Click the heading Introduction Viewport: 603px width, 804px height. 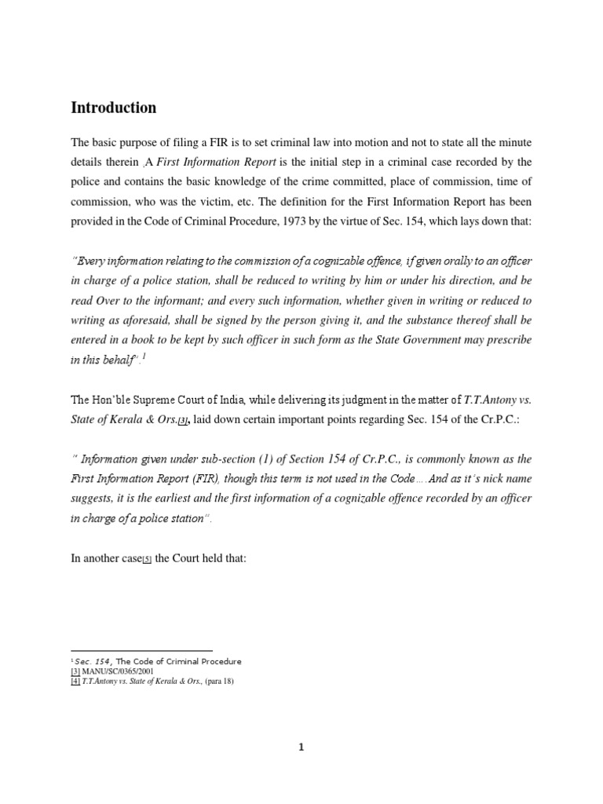pyautogui.click(x=114, y=108)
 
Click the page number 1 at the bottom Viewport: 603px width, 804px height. pyautogui.click(x=301, y=747)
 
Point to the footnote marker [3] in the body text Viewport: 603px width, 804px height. pyautogui.click(x=182, y=421)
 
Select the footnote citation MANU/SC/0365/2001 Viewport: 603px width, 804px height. pyautogui.click(x=116, y=671)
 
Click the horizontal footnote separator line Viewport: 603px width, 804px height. pyautogui.click(x=141, y=650)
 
